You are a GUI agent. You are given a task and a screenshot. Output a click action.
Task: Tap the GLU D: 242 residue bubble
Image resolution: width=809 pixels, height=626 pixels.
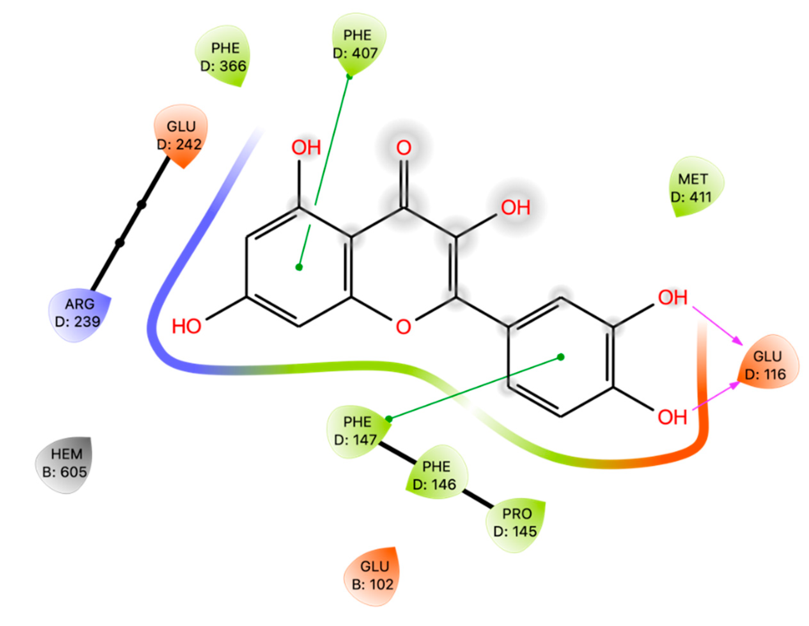[181, 135]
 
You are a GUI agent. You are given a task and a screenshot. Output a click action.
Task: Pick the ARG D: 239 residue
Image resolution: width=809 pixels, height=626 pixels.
[79, 313]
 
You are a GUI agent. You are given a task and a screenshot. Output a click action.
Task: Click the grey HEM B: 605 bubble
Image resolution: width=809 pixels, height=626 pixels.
[65, 463]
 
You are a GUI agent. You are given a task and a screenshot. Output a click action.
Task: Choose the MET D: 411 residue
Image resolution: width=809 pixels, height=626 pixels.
[693, 188]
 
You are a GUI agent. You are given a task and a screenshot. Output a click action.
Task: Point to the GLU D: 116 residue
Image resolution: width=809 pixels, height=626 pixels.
[767, 365]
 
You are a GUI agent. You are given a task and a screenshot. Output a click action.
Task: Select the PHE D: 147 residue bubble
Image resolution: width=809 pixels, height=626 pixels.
[356, 430]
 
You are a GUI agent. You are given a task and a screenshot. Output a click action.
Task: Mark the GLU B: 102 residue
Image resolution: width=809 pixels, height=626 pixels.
[373, 575]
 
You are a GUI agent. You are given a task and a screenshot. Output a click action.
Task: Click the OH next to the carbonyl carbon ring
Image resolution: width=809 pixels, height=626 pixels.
[515, 208]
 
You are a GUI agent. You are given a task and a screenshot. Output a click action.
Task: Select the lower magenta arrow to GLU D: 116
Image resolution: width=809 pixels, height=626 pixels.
[716, 396]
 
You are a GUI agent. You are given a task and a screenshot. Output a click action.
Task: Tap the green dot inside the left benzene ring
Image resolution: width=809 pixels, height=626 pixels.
[299, 267]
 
